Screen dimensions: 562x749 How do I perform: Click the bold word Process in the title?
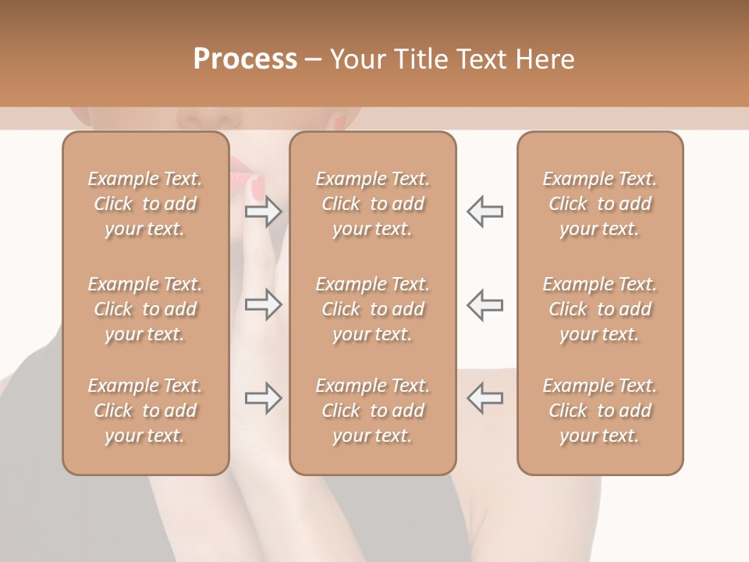click(x=245, y=59)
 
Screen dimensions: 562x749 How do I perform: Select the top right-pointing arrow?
click(x=264, y=212)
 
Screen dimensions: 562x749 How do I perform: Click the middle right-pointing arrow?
click(x=264, y=304)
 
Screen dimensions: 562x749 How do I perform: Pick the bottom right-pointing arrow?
click(x=264, y=398)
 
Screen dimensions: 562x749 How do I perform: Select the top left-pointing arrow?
click(x=485, y=212)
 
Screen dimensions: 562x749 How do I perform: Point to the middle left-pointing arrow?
click(x=485, y=304)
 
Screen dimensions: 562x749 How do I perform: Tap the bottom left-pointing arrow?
click(x=485, y=398)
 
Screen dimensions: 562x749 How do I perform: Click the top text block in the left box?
click(x=145, y=204)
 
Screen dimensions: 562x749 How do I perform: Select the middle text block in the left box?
click(x=145, y=309)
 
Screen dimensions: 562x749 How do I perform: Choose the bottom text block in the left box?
click(x=145, y=411)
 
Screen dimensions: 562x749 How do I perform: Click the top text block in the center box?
click(x=373, y=204)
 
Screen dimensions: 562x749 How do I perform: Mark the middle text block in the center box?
click(x=373, y=309)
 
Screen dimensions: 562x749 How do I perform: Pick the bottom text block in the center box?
click(x=373, y=411)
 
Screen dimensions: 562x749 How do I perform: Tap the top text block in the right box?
click(x=600, y=204)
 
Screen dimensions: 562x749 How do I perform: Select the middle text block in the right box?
click(x=600, y=309)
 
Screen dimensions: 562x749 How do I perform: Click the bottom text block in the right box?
click(x=600, y=411)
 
